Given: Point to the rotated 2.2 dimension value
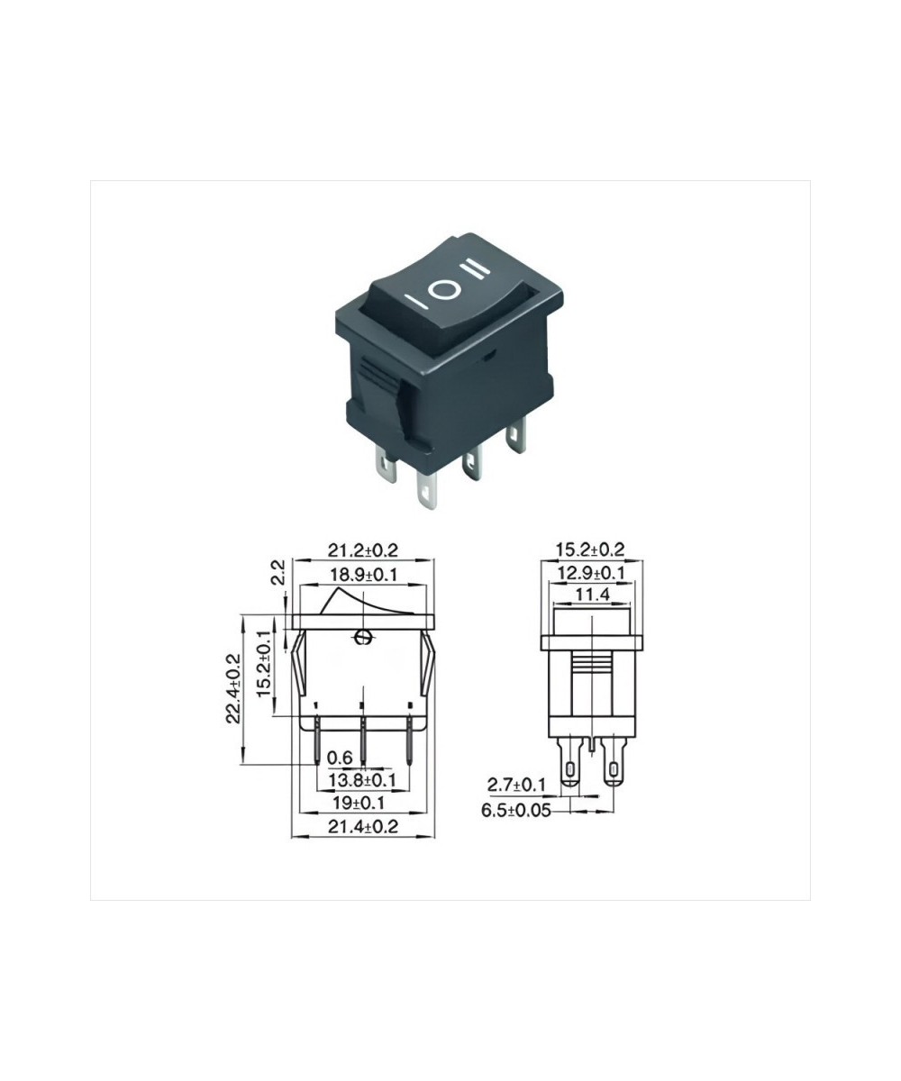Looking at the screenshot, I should coord(278,573).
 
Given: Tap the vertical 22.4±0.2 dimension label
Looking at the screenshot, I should coord(232,689).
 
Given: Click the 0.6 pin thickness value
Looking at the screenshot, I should coord(339,758).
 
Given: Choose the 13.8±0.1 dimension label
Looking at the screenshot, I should coord(361,778).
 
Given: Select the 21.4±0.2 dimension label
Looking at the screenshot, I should coord(363,826).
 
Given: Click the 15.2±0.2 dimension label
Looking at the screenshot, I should coord(590,550).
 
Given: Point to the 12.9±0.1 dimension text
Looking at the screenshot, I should coord(590,573).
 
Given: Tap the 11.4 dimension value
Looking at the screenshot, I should coord(590,595).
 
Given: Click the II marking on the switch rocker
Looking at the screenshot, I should coord(475,268).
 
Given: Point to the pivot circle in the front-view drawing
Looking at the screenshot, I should coord(363,638).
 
